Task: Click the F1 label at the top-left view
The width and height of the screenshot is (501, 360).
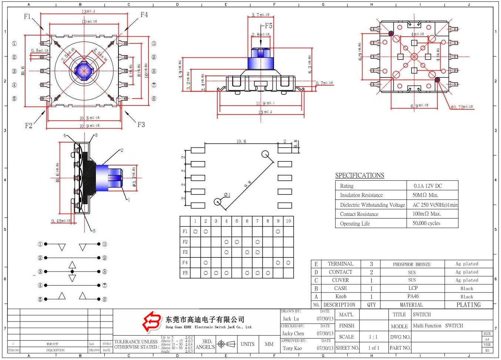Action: pos(27,16)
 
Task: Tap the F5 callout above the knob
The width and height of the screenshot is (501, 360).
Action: pos(268,26)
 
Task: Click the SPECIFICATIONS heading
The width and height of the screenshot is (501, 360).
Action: pos(360,176)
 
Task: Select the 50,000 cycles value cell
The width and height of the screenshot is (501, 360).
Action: pos(426,223)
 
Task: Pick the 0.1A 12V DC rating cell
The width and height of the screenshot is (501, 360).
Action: pos(428,186)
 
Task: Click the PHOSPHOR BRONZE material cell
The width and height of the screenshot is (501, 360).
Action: pos(412,264)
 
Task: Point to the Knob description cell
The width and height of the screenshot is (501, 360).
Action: pos(341,297)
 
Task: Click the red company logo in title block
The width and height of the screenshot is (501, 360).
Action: pos(152,321)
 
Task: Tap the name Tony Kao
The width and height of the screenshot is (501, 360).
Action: pos(293,348)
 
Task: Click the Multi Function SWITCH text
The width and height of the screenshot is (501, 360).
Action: pos(438,326)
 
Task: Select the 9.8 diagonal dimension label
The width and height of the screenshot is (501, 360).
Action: pos(248,184)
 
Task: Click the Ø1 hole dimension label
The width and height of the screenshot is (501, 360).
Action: pos(227,195)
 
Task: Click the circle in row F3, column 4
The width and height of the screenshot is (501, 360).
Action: pos(226,252)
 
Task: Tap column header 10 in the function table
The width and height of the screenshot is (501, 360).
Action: pos(288,221)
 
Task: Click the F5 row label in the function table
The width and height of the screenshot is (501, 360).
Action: pos(185,273)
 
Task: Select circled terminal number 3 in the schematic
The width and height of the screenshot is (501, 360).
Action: pos(40,272)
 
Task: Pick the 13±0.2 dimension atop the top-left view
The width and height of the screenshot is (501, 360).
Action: pos(88,11)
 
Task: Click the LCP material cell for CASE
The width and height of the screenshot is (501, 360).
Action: pos(413,288)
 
